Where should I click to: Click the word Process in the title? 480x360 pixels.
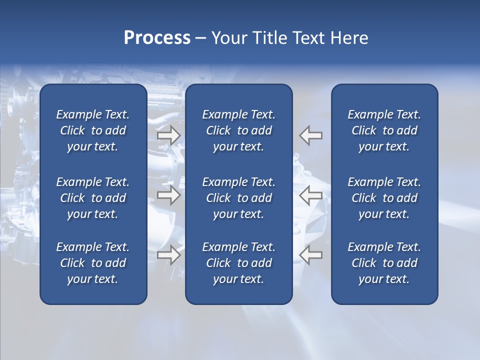(x=157, y=38)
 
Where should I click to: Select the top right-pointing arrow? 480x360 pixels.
(x=168, y=135)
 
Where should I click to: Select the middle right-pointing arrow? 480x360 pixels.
(x=168, y=195)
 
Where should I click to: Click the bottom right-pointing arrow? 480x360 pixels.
(x=168, y=254)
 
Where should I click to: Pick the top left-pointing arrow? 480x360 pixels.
(x=311, y=135)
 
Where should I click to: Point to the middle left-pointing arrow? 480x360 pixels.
(x=311, y=195)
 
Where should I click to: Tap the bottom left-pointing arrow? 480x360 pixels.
(x=311, y=254)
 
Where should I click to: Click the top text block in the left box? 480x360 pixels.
(x=93, y=130)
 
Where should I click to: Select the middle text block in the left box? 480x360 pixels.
(x=93, y=198)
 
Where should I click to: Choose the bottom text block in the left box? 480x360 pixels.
(x=93, y=263)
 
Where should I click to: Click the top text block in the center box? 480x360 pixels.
(x=238, y=130)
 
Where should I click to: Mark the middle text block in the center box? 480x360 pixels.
(x=238, y=198)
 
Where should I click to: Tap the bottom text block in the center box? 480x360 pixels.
(x=238, y=263)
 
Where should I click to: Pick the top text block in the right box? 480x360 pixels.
(x=384, y=130)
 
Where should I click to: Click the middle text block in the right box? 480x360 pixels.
(x=384, y=198)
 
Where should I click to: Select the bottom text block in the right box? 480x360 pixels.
(x=384, y=263)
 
